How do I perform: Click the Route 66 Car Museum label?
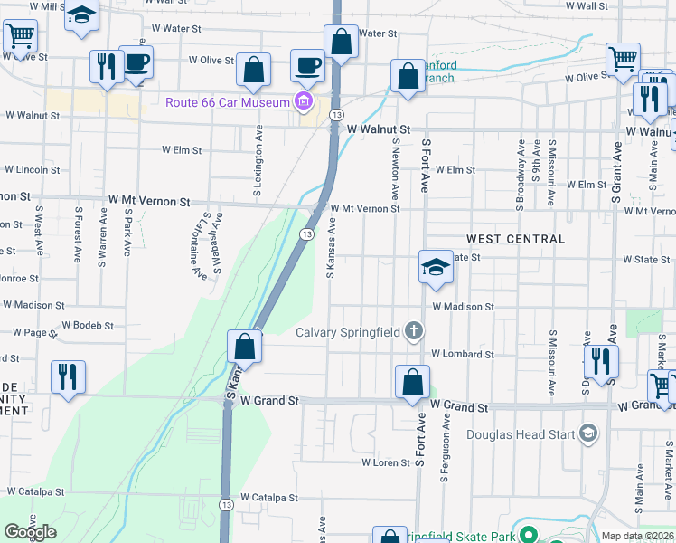227,101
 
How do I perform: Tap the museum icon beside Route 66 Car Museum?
303,101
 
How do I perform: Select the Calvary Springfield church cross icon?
414,331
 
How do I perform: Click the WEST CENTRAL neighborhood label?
515,239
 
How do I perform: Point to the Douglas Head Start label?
520,434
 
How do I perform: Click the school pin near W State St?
436,268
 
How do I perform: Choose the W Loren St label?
386,462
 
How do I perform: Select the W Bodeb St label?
87,325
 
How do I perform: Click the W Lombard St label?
462,354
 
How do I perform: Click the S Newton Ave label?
395,169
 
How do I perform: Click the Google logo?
30,532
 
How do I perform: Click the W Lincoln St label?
32,169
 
